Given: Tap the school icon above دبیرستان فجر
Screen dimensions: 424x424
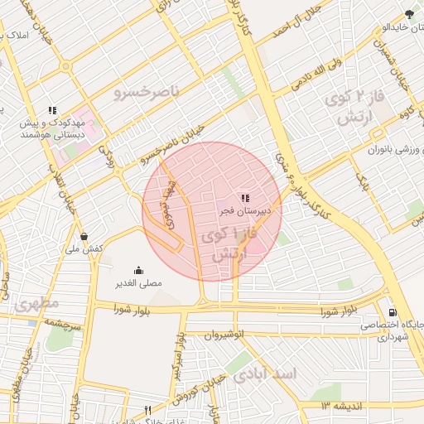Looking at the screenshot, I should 244,198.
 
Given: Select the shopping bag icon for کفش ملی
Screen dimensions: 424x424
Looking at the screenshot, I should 84,235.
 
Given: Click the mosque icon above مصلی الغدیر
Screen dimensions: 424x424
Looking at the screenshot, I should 137,270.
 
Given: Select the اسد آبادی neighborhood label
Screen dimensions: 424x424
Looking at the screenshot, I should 264,374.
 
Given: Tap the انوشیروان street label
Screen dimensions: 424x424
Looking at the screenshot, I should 227,335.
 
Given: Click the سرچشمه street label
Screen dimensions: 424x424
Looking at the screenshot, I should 61,325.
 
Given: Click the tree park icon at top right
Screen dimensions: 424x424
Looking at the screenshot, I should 409,14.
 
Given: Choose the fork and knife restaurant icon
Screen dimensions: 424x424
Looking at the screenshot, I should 148,410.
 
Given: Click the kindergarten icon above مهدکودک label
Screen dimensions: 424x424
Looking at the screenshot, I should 53,110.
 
